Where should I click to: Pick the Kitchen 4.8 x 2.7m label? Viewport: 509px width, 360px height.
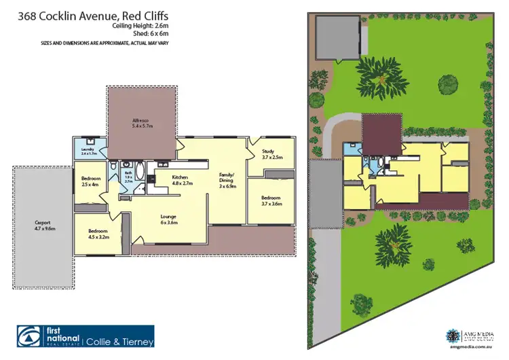(166, 180)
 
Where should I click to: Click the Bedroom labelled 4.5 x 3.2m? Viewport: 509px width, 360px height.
(98, 234)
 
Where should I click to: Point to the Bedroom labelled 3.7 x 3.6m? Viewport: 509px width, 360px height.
(271, 200)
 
